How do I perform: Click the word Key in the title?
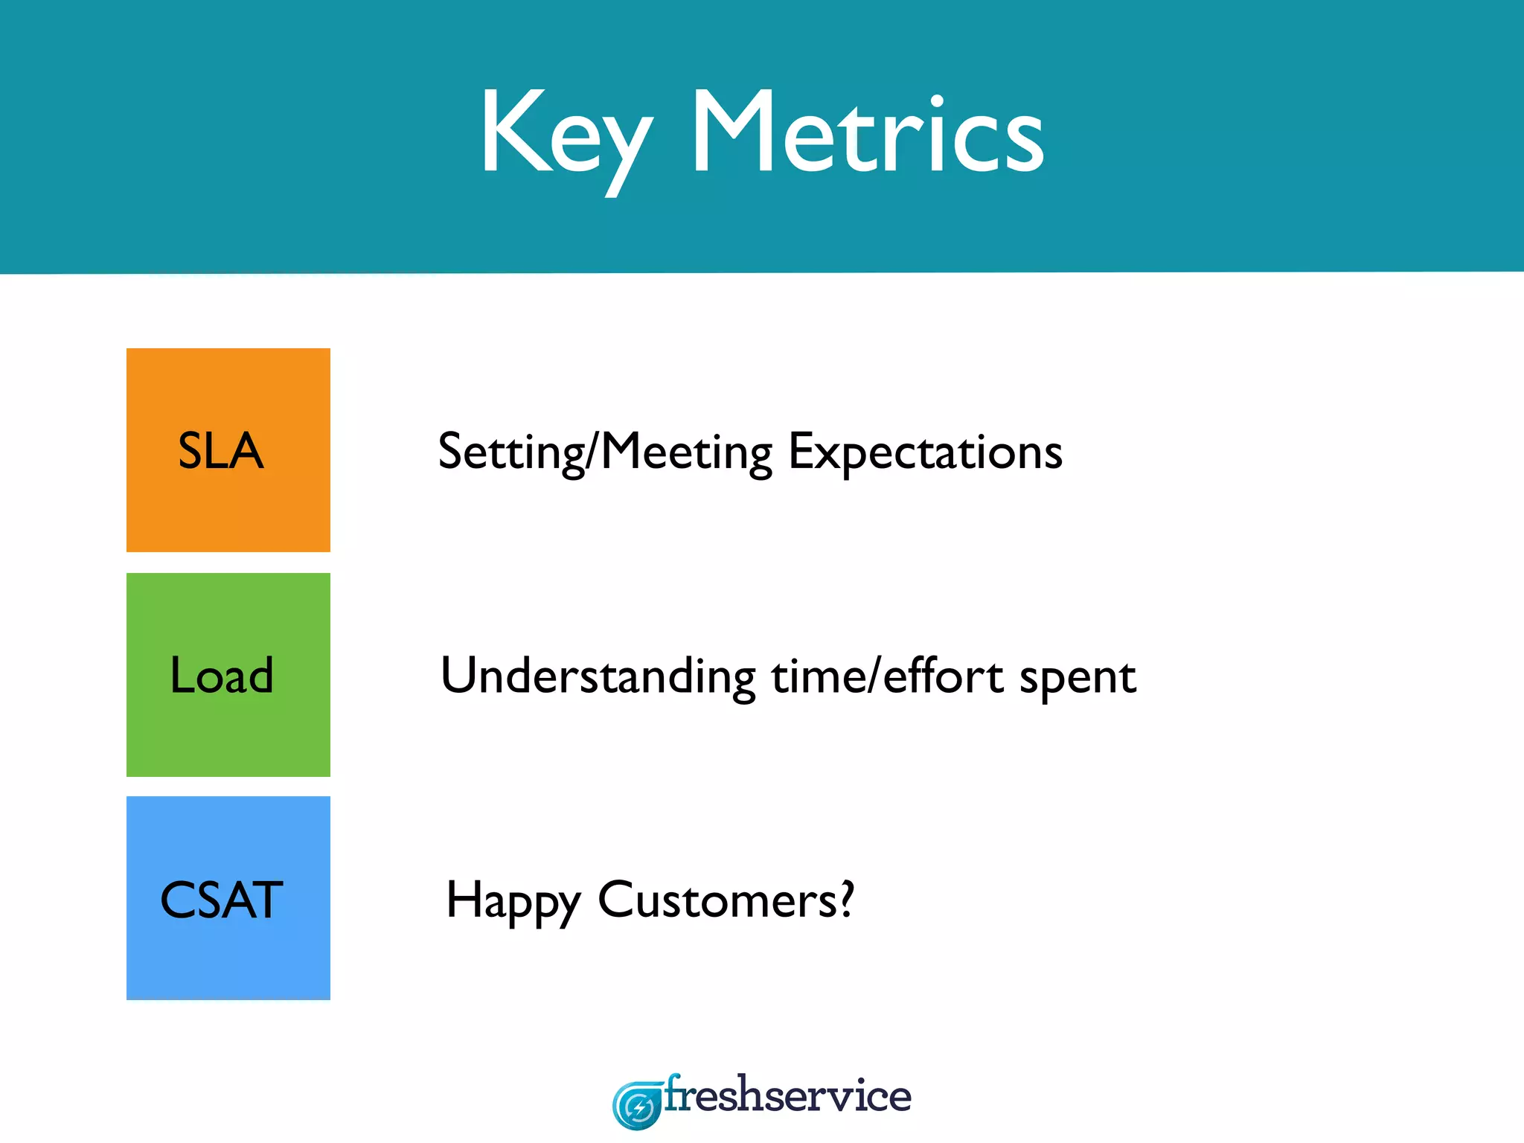pyautogui.click(x=566, y=134)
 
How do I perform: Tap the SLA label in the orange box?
pyautogui.click(x=221, y=451)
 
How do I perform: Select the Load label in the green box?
pyautogui.click(x=222, y=676)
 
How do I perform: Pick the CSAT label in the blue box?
pyautogui.click(x=222, y=900)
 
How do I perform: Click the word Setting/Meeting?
pyautogui.click(x=605, y=452)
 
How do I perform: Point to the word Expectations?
pyautogui.click(x=925, y=452)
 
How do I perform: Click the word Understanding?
pyautogui.click(x=598, y=677)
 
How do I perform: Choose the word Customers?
pyautogui.click(x=726, y=900)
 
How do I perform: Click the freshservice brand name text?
pyautogui.click(x=787, y=1096)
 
